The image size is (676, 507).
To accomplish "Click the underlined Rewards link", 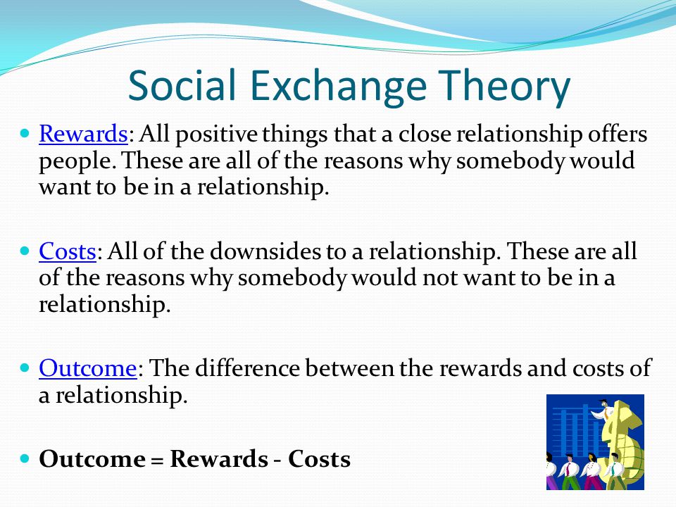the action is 83,134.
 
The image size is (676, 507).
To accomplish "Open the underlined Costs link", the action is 68,251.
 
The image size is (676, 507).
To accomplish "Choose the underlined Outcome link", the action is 88,368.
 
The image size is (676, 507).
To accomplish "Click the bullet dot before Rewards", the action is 25,133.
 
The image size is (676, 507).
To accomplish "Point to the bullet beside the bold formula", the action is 25,458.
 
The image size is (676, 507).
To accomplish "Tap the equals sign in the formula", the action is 158,461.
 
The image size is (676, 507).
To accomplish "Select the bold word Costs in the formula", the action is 320,458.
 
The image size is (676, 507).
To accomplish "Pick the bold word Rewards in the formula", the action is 218,458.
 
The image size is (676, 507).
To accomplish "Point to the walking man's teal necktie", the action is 613,469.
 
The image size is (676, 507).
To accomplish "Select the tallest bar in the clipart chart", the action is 585,430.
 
